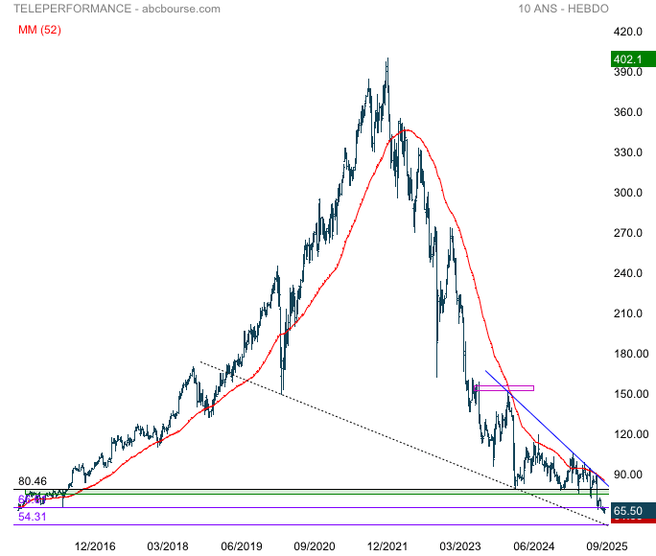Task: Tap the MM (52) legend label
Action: click(x=39, y=30)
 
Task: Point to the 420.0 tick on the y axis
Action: click(x=627, y=32)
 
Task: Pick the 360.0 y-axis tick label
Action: click(x=627, y=112)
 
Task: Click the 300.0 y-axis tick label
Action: click(x=627, y=193)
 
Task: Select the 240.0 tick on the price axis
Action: click(x=627, y=273)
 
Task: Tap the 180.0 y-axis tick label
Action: click(x=627, y=354)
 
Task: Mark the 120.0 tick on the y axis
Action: click(x=627, y=434)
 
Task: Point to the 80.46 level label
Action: click(x=32, y=481)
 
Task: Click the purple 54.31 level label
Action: click(x=32, y=517)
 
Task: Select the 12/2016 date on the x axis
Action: click(x=95, y=546)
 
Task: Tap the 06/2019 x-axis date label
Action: click(x=242, y=546)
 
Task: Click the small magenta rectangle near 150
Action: click(x=504, y=387)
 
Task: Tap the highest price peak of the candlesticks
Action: click(x=387, y=60)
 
